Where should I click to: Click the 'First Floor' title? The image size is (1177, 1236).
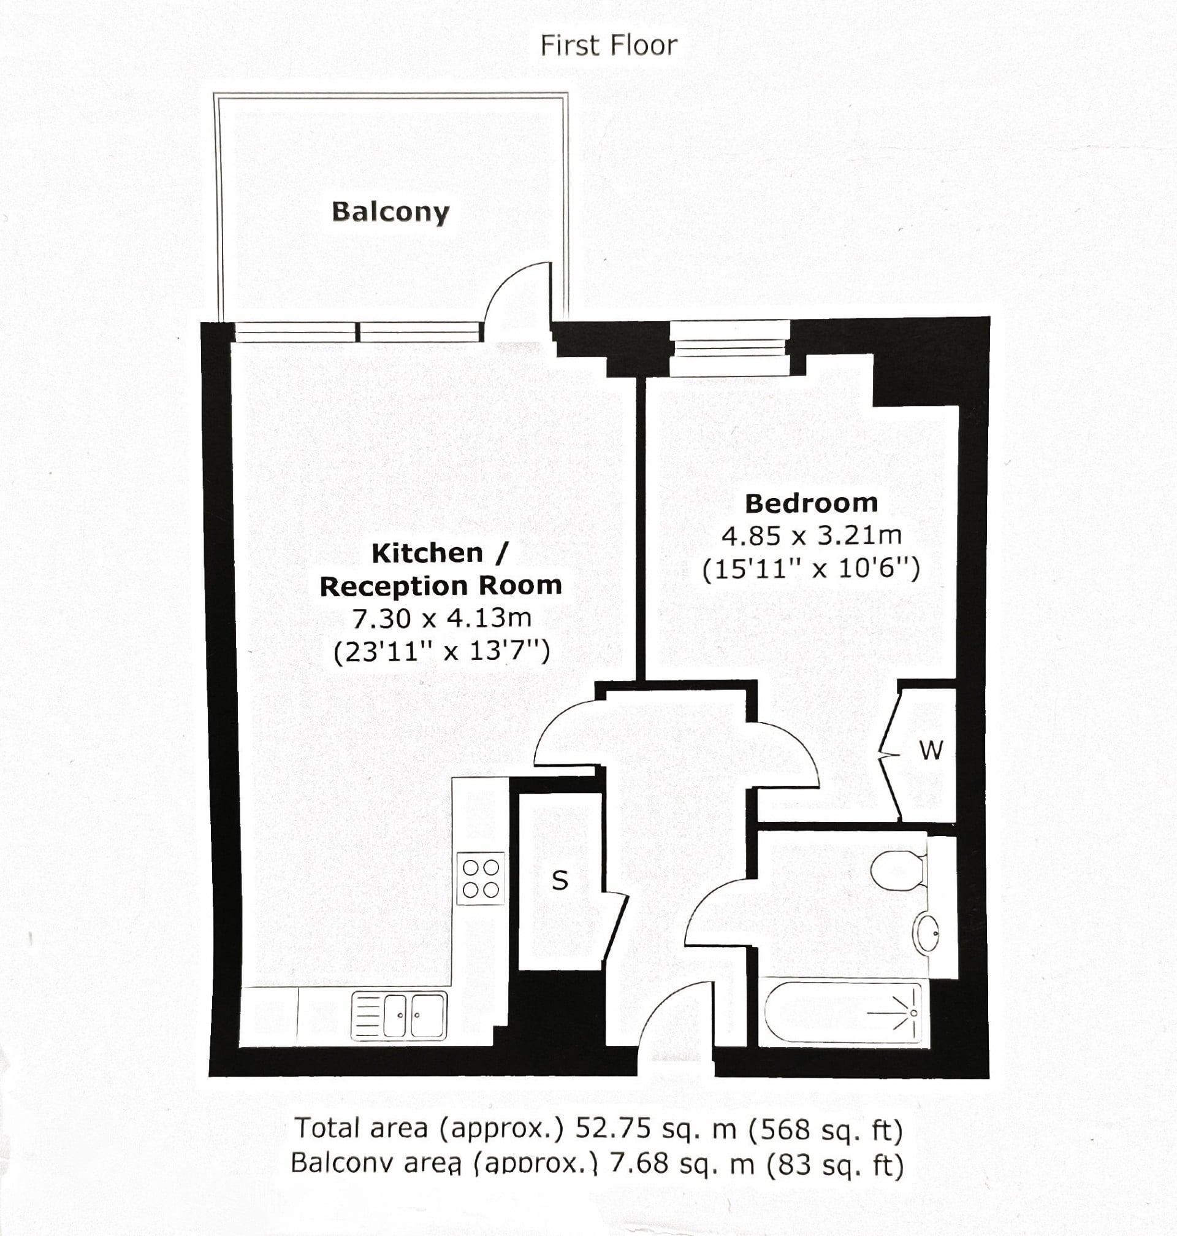coord(609,46)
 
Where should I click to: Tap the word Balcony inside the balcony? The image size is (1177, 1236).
coord(390,212)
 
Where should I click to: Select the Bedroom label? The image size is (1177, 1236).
coord(811,503)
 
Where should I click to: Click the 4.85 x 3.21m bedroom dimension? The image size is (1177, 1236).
coord(811,535)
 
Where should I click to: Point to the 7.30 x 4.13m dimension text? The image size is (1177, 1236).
coord(441,618)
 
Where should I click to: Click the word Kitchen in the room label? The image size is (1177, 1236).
coord(427,553)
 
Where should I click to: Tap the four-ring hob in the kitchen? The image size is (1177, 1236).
coord(481,878)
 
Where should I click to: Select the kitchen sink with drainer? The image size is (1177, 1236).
coord(399,1015)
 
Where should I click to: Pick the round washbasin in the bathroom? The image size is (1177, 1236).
coord(927,933)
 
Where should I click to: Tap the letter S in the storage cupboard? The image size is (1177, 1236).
coord(560,881)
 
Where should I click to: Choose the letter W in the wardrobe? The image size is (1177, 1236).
coord(931,750)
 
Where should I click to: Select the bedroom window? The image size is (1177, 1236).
coord(729,348)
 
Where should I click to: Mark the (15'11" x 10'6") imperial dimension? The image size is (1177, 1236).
coord(811,569)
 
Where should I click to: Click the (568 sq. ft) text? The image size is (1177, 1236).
coord(826,1129)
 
